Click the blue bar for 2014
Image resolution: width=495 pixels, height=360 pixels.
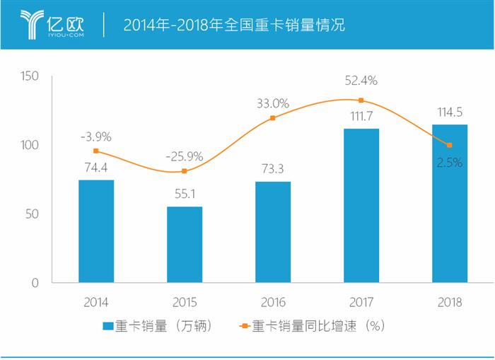[x=96, y=231]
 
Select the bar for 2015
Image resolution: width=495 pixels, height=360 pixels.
[x=185, y=245]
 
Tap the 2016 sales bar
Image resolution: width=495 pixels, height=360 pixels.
[x=273, y=232]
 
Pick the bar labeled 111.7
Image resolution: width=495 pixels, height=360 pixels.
[x=361, y=206]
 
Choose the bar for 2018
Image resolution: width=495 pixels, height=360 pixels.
[x=450, y=204]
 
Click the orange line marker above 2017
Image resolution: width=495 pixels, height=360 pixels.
[x=361, y=100]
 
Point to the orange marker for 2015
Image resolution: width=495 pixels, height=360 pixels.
[x=185, y=171]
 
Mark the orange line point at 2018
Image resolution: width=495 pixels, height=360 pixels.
[x=450, y=145]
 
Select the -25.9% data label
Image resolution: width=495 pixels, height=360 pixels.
[x=185, y=156]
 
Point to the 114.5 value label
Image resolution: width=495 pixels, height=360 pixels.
[x=450, y=111]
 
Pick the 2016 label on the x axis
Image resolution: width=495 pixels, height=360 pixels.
[x=273, y=302]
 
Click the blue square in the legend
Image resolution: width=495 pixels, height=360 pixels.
[x=108, y=327]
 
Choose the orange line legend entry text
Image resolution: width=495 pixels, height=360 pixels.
[x=318, y=327]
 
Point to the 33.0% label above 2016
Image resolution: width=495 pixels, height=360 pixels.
[x=273, y=103]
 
